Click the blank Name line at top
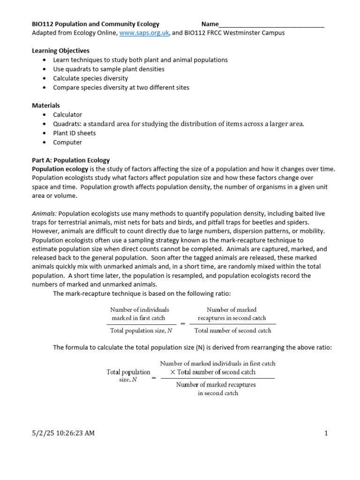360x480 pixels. coord(271,24)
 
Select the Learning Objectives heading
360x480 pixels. coord(60,51)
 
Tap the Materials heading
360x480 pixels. coord(45,105)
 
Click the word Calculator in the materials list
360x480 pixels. coord(67,115)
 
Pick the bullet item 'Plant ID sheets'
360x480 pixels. coord(74,133)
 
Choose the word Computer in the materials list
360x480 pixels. coord(67,142)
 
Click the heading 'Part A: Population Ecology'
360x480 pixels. coord(70,160)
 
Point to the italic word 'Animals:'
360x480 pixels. coord(45,214)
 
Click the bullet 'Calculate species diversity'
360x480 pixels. coord(90,78)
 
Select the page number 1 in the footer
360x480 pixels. coord(326,433)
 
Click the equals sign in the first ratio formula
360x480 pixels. coord(183,323)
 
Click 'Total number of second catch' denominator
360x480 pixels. coord(232,330)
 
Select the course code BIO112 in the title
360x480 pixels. coord(42,24)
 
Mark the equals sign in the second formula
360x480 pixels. coord(153,378)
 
